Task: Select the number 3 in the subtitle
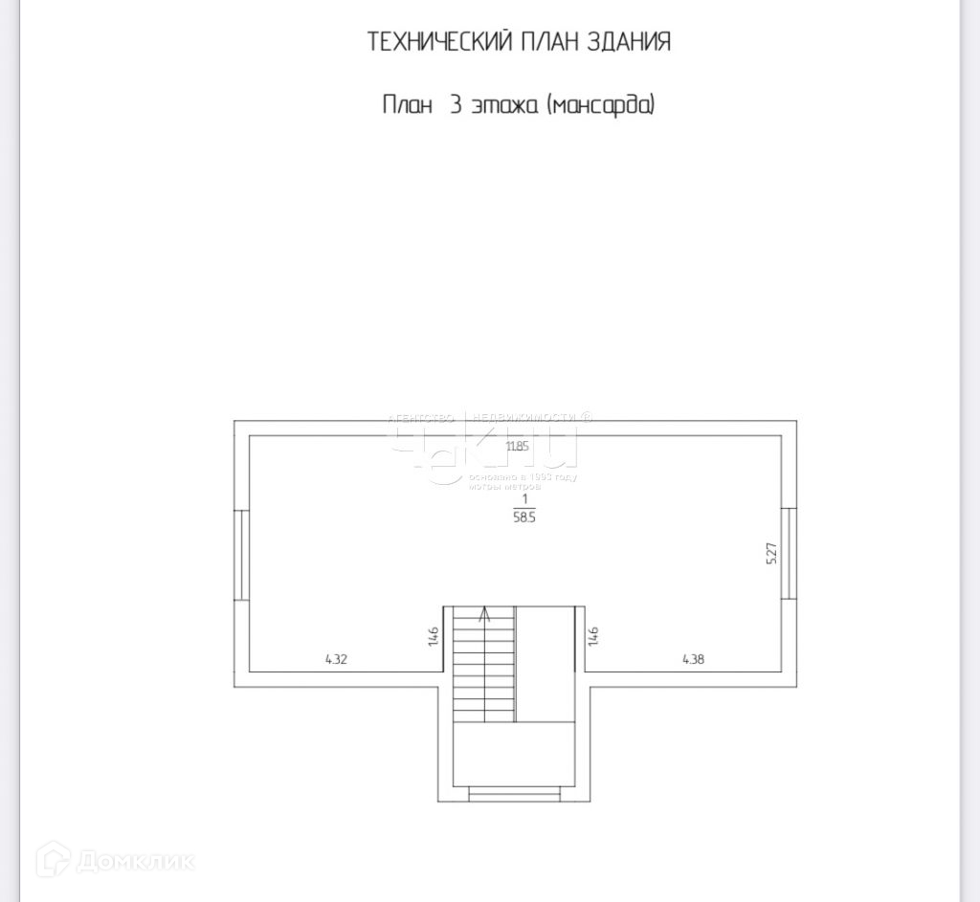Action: coord(456,104)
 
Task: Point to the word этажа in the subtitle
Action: coord(505,104)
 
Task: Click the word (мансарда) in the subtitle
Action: coord(600,104)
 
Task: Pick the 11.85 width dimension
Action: coord(517,446)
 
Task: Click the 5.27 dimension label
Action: coord(772,555)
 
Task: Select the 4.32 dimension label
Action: coord(336,659)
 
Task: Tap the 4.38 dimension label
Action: coord(694,659)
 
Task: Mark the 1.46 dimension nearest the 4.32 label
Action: coord(434,635)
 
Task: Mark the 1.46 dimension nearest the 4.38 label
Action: coord(593,635)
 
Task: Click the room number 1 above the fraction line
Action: coord(524,498)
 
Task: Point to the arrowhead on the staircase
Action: coord(485,614)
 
